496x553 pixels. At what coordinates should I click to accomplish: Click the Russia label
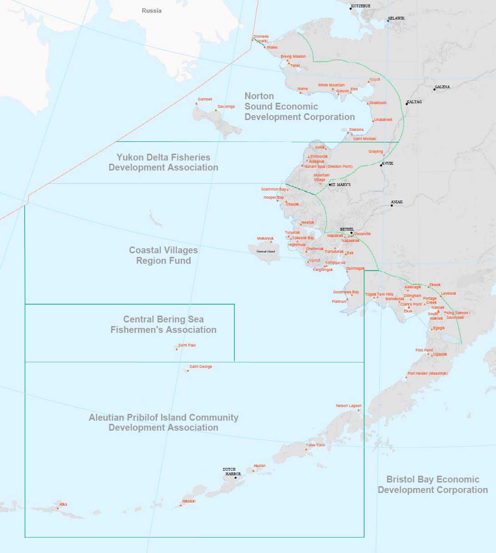tap(152, 10)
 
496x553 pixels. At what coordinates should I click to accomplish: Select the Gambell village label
tap(205, 99)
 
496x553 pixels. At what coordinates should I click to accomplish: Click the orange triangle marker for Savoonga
tap(216, 110)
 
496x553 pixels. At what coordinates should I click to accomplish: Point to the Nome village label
tap(303, 89)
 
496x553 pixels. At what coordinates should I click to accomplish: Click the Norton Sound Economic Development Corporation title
tap(299, 106)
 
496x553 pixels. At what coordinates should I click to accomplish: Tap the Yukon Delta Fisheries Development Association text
tap(163, 162)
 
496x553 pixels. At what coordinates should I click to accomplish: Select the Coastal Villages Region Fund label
tap(163, 255)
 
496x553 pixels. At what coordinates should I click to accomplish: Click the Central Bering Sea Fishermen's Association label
tap(163, 324)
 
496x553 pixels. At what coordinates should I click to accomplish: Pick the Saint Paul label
tap(187, 345)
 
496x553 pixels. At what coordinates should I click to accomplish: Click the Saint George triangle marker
tap(188, 370)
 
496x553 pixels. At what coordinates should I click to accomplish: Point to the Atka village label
tap(63, 504)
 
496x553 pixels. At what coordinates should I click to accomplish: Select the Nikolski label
tap(189, 501)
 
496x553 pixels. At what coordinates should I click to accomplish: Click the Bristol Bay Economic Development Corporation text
tap(432, 484)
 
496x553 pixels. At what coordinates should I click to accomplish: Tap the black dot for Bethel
tap(351, 233)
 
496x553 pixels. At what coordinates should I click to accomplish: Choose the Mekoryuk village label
tap(265, 238)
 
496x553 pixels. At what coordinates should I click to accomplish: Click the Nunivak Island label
tap(266, 251)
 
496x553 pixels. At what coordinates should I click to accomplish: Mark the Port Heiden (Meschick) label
tap(427, 373)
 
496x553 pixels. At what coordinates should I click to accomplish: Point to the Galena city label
tap(442, 87)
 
